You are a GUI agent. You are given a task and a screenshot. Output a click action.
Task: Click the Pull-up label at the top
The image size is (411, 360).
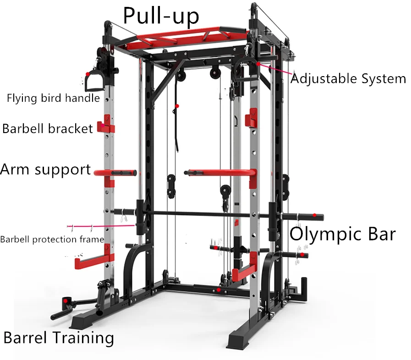[160, 16]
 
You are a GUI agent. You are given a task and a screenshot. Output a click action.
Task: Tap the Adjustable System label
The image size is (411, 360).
[348, 78]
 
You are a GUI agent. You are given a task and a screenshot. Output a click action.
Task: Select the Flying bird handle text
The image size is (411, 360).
[53, 98]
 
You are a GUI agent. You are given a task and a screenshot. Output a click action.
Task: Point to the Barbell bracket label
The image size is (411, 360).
[48, 128]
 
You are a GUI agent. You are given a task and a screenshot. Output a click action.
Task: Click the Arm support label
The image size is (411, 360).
[45, 169]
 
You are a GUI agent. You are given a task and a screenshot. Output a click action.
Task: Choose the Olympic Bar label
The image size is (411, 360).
[342, 234]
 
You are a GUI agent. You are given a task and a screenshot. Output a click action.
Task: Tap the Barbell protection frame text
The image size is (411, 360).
[52, 239]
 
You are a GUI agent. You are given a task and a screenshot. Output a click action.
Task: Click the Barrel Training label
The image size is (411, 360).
[59, 338]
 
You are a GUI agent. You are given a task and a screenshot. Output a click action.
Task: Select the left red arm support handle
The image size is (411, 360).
[117, 172]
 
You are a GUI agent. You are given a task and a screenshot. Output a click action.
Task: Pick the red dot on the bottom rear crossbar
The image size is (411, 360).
[219, 290]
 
